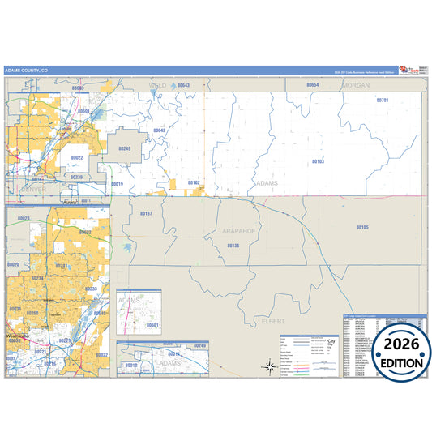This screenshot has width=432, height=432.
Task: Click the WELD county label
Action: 157,84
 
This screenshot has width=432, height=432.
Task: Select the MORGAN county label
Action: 357,84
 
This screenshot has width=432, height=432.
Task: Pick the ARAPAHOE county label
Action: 238,232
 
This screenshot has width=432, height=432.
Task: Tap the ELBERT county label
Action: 274,321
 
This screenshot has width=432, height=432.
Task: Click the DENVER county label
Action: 27,189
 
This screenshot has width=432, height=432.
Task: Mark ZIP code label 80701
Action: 383,100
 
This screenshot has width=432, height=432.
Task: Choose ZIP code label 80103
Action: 318,161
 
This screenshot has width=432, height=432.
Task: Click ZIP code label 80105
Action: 361,227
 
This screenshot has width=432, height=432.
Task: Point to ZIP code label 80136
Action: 233,245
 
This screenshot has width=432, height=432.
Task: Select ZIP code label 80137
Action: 146,213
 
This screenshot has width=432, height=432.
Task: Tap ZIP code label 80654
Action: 312,84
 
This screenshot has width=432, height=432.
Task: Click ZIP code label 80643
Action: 183,84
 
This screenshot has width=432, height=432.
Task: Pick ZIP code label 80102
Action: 194,182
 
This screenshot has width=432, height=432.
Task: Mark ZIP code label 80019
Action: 118,184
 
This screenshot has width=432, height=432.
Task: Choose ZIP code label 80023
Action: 23,218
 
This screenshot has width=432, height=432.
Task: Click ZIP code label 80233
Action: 92,289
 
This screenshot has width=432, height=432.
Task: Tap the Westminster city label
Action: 18,334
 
